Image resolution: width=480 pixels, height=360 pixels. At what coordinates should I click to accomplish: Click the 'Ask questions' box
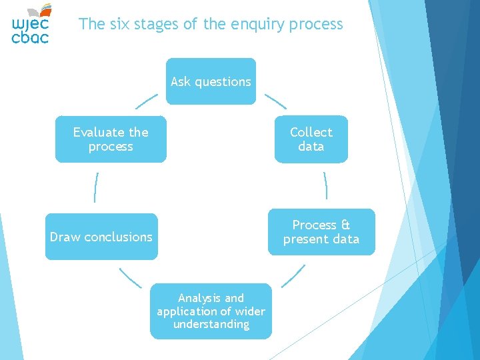pyautogui.click(x=211, y=81)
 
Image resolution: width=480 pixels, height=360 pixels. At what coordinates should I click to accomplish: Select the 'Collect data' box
pyautogui.click(x=311, y=139)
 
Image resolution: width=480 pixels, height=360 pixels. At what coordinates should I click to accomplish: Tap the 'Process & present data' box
pyautogui.click(x=321, y=232)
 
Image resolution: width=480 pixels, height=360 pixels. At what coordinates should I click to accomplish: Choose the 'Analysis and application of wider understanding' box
pyautogui.click(x=211, y=311)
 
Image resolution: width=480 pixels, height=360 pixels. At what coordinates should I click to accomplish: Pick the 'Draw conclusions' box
pyautogui.click(x=101, y=237)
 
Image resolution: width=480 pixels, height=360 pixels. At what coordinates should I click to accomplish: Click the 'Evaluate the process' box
pyautogui.click(x=111, y=139)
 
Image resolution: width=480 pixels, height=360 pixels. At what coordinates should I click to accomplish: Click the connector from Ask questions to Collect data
pyautogui.click(x=275, y=101)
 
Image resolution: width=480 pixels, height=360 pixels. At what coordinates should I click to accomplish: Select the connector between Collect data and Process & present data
pyautogui.click(x=325, y=185)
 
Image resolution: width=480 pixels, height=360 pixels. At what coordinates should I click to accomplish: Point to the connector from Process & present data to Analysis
pyautogui.click(x=293, y=276)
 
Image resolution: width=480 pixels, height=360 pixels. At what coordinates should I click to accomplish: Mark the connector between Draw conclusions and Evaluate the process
pyautogui.click(x=96, y=187)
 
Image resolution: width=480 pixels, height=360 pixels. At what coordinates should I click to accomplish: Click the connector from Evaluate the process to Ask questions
pyautogui.click(x=147, y=101)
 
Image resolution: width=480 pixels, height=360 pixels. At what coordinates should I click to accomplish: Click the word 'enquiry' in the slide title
pyautogui.click(x=256, y=25)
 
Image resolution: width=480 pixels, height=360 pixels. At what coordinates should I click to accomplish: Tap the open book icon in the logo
pyautogui.click(x=41, y=9)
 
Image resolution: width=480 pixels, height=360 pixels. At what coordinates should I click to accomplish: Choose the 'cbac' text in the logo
pyautogui.click(x=30, y=38)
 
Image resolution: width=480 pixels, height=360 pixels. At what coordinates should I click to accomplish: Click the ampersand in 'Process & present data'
pyautogui.click(x=345, y=225)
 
